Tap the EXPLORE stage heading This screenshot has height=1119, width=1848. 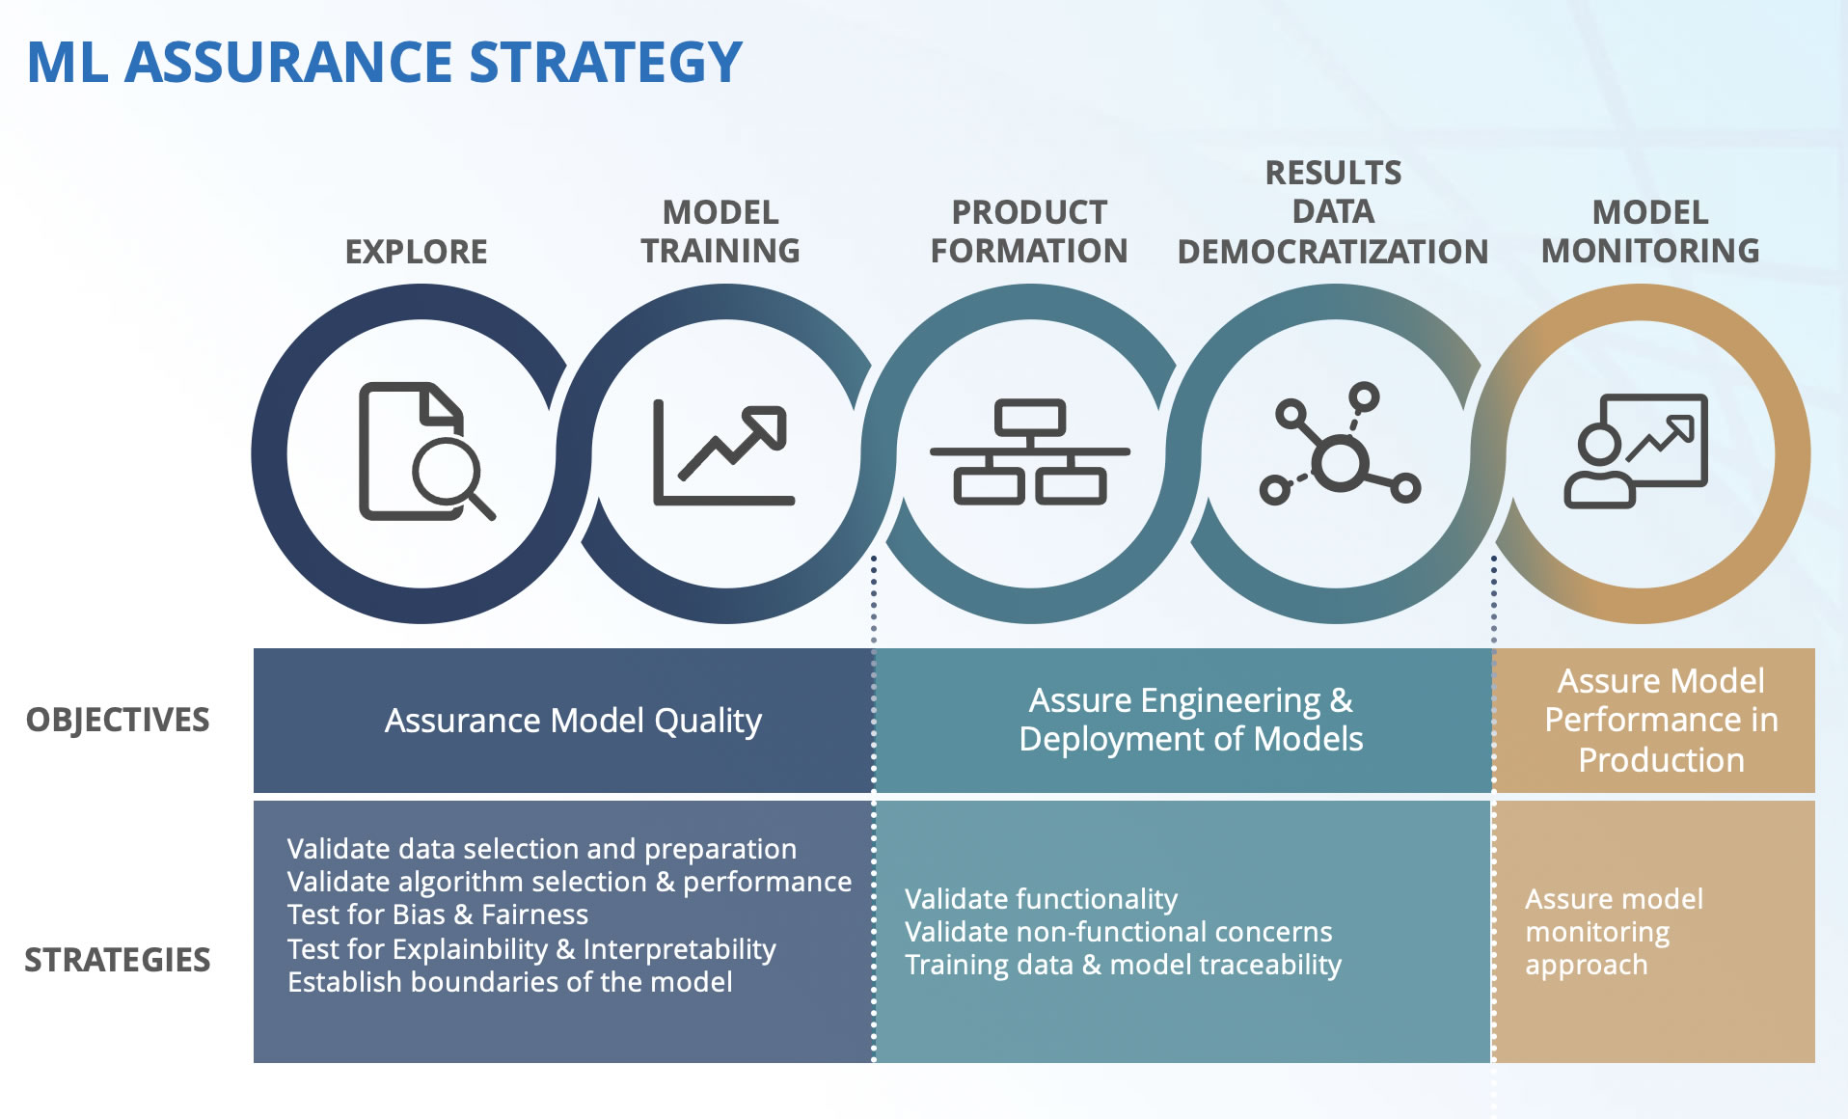416,252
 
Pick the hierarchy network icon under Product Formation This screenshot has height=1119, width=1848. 1029,451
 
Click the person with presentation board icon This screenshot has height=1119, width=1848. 1635,450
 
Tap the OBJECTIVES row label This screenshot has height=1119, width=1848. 117,720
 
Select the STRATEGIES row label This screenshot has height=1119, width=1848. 117,960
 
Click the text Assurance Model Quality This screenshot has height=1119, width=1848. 573,721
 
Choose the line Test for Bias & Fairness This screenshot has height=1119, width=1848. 437,914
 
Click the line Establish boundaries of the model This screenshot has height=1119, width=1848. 509,982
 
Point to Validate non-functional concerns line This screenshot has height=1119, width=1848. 1118,932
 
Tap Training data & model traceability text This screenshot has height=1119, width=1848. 1123,965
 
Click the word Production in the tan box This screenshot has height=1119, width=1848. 1661,760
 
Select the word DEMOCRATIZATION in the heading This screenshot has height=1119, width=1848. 1333,252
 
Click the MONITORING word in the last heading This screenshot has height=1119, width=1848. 1649,251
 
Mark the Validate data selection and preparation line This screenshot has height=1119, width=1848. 541,849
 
